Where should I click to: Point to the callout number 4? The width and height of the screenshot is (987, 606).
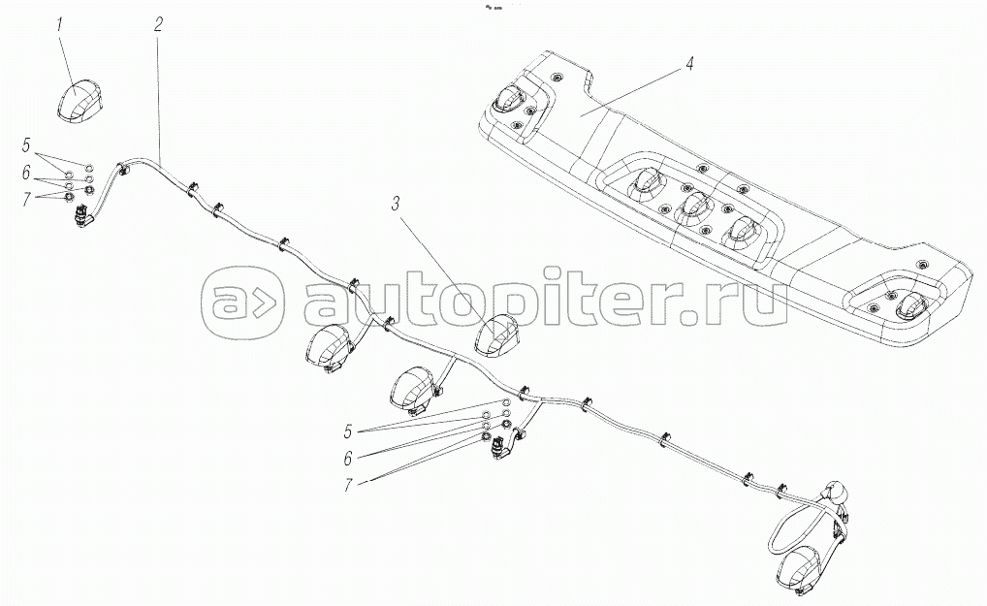[x=687, y=65]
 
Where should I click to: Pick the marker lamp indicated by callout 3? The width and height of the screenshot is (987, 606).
[x=498, y=335]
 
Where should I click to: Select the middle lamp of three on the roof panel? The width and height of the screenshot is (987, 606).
[x=692, y=206]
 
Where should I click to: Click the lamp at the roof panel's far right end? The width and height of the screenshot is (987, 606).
[x=912, y=305]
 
